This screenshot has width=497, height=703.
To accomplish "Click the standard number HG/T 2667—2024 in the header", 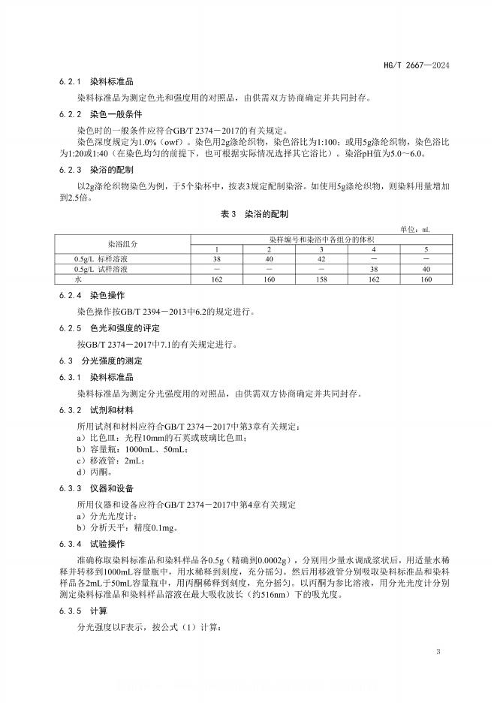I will tap(421, 65).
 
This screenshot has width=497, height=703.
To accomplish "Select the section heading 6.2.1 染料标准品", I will tap(96, 82).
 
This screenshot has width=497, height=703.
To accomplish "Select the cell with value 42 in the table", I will tap(321, 258).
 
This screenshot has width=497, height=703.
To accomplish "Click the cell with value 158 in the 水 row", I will tap(321, 279).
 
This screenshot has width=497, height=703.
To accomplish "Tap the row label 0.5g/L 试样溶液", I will tap(95, 268).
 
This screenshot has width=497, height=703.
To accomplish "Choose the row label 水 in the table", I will tap(66, 279).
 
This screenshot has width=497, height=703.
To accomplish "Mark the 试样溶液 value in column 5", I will tap(426, 268).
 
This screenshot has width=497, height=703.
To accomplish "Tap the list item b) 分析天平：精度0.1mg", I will tap(128, 527).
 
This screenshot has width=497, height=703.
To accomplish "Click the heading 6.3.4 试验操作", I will tap(96, 543).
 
